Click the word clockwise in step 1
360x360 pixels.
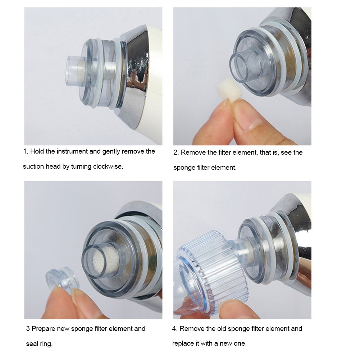pos(108,166)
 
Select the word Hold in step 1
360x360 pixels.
pos(37,151)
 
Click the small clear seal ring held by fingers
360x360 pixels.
pos(62,278)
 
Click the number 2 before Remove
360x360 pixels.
pos(176,152)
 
